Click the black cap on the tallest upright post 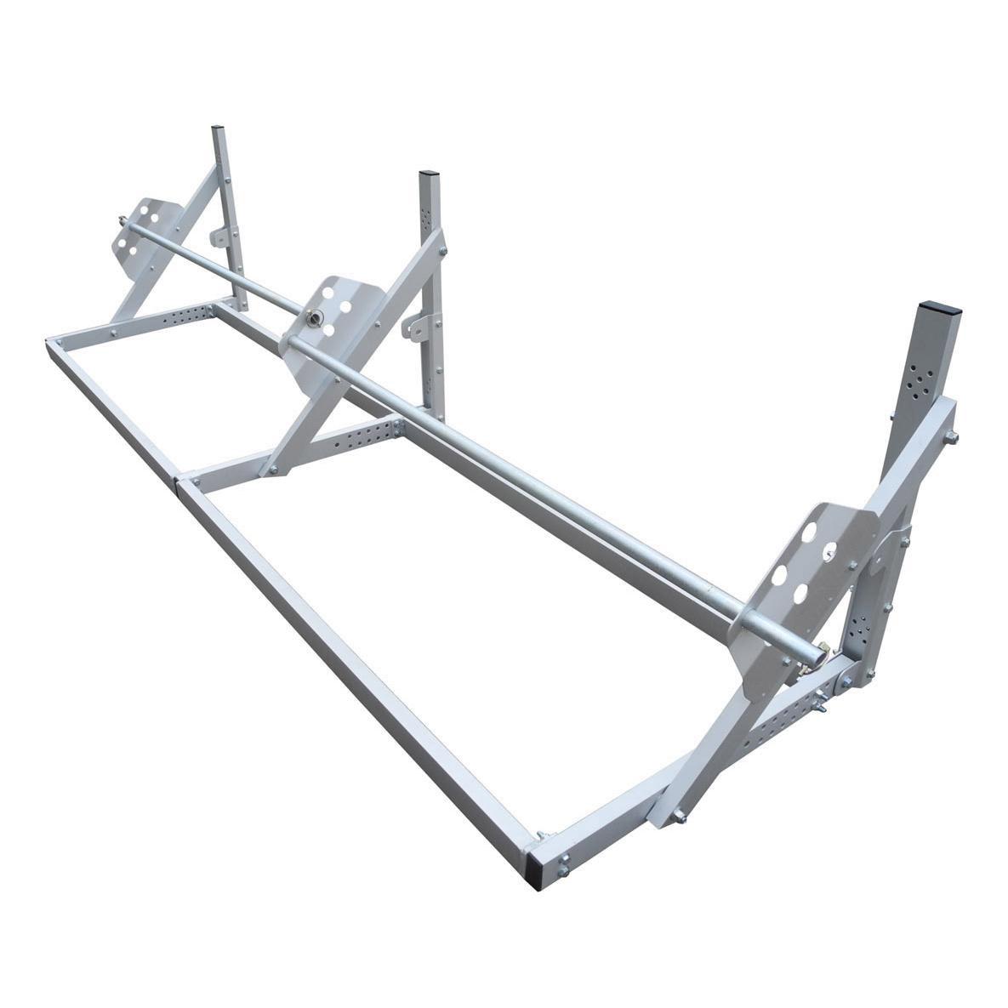933,305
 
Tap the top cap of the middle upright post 426,175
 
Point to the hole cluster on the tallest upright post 918,383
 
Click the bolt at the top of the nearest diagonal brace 950,436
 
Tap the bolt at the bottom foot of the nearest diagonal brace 681,818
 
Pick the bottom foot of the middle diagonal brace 272,469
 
